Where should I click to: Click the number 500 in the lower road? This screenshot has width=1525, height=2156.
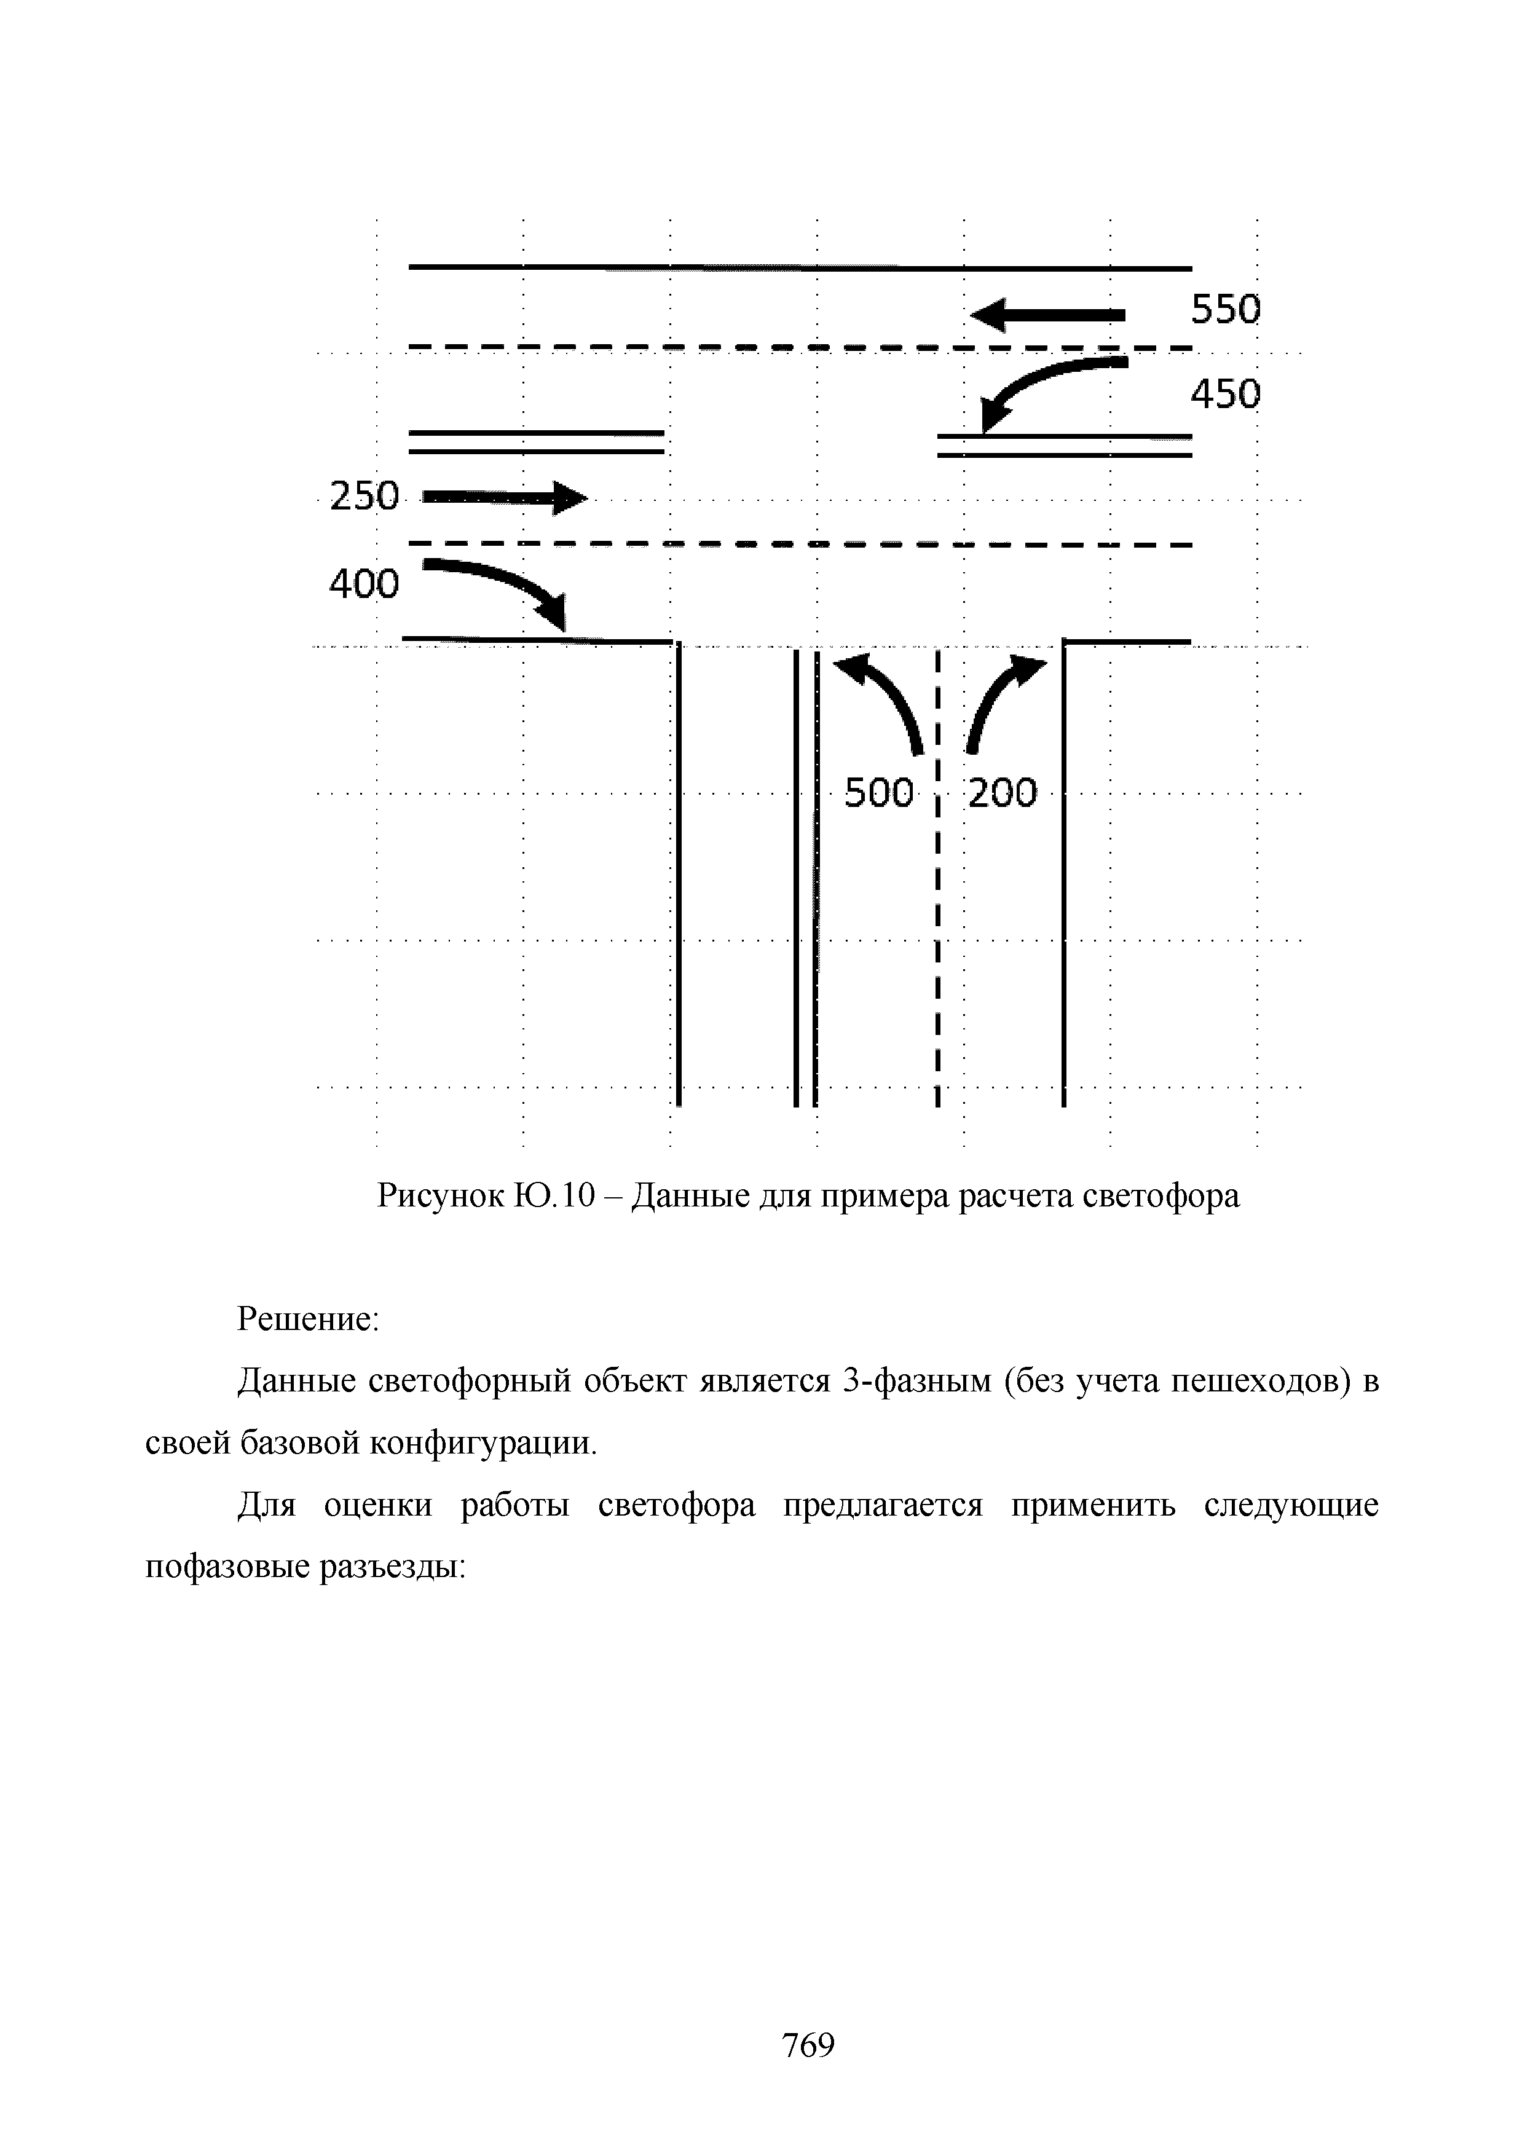pyautogui.click(x=879, y=793)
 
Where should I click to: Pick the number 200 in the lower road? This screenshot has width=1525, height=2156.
pyautogui.click(x=1002, y=793)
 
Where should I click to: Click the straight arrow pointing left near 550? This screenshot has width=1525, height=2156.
pyautogui.click(x=1046, y=315)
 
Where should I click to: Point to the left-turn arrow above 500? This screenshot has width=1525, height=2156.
pyautogui.click(x=883, y=699)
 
